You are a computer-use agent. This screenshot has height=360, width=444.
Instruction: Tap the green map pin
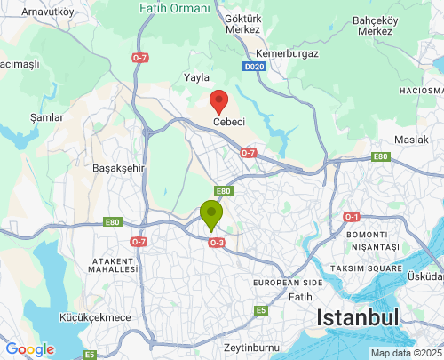click(x=210, y=214)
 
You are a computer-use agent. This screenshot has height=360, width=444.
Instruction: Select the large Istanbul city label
click(x=358, y=318)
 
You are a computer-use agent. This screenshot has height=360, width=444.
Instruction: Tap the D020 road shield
click(x=254, y=67)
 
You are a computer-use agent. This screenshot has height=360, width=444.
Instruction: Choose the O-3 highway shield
click(x=216, y=242)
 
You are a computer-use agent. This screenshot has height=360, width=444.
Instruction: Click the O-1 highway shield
click(x=352, y=217)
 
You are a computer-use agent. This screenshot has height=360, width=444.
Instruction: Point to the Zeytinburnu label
click(x=251, y=347)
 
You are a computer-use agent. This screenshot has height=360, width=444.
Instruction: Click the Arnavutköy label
click(x=47, y=12)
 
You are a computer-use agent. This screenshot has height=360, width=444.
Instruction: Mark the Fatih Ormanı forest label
click(x=176, y=8)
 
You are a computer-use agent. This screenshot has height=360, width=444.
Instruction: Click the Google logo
click(x=29, y=349)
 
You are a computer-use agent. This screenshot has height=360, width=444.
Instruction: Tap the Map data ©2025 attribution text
click(x=406, y=353)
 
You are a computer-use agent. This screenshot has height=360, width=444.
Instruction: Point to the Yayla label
click(x=195, y=77)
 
